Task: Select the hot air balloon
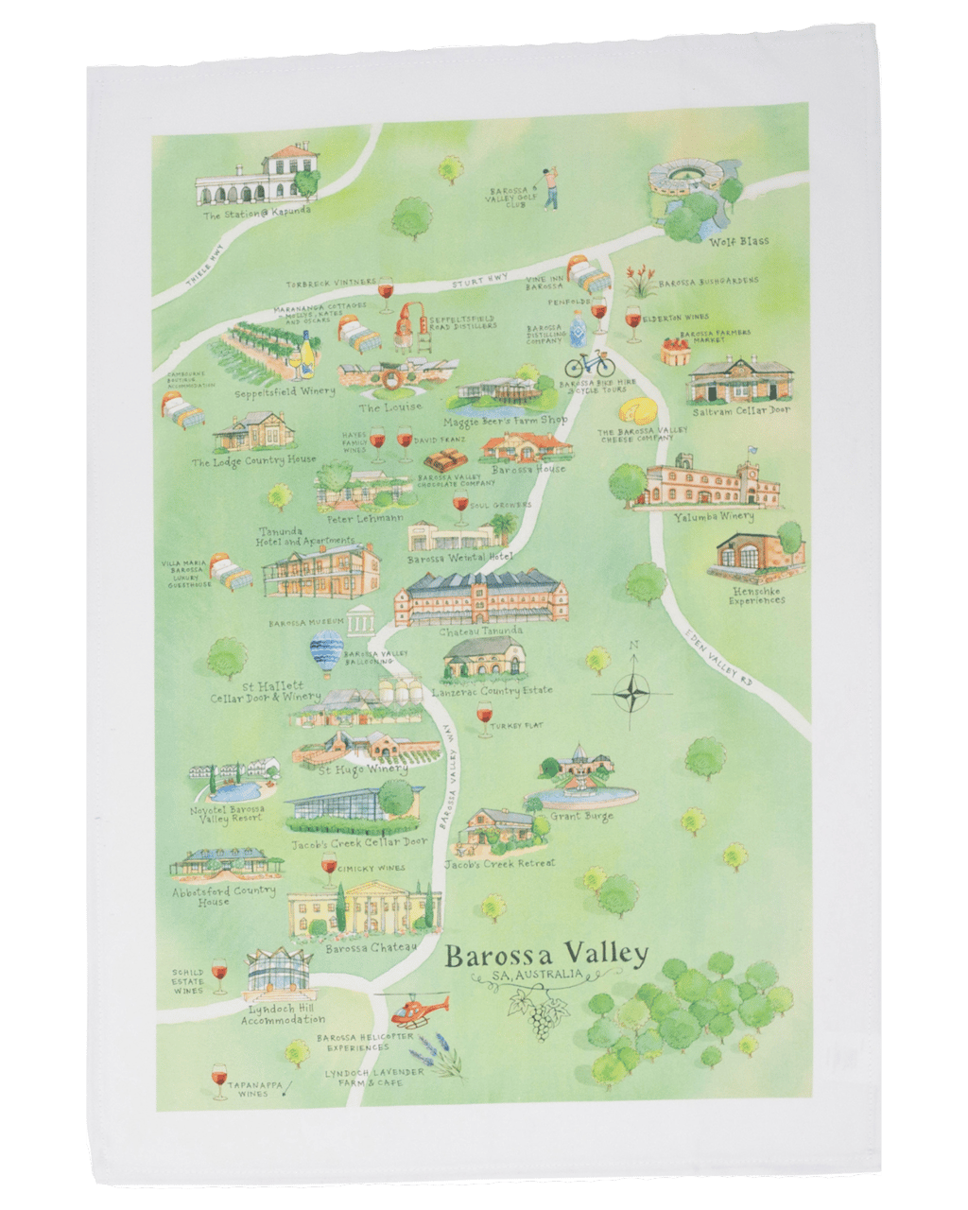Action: [x=327, y=653]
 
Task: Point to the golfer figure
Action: [x=548, y=187]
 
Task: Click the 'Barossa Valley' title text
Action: [x=546, y=954]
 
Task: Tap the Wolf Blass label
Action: [x=738, y=241]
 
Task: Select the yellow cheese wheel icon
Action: [x=637, y=411]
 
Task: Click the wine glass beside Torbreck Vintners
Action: [x=386, y=294]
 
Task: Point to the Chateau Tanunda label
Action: [x=480, y=631]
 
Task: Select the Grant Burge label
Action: [x=581, y=816]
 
